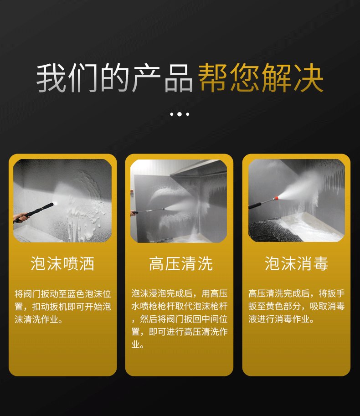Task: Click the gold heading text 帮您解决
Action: point(261,78)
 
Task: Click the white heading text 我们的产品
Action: point(114,78)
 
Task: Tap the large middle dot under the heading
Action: point(180,114)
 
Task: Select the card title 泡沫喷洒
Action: point(62,263)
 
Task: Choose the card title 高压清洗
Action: point(180,263)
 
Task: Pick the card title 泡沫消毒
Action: point(296,263)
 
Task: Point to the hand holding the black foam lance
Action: point(21,218)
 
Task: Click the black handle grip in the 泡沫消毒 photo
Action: point(255,205)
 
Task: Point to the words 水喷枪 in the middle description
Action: point(144,306)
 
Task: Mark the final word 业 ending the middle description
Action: point(135,344)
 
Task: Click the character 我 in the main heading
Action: point(51,78)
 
